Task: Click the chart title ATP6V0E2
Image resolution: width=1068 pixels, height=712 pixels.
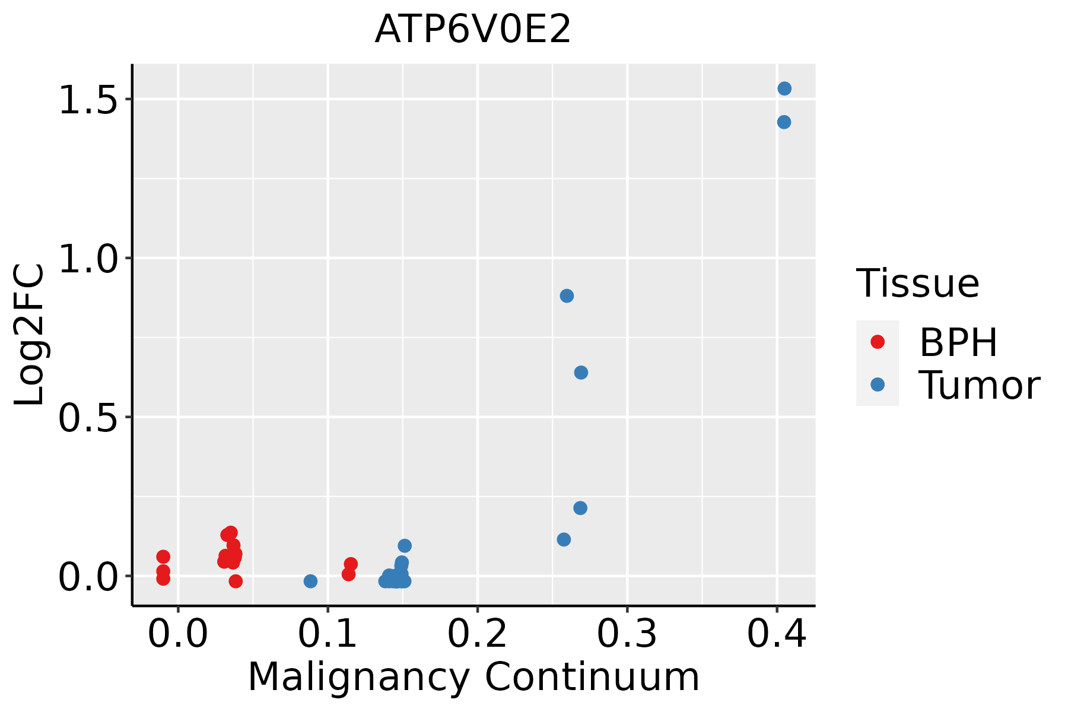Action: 473,30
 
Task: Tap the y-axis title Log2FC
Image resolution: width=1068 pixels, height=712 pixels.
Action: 30,335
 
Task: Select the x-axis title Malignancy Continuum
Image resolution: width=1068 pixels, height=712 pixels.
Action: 473,677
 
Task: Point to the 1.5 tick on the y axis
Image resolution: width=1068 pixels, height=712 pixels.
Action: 88,99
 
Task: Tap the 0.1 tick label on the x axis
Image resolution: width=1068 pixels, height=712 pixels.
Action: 328,634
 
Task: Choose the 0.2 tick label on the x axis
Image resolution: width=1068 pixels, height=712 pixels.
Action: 477,634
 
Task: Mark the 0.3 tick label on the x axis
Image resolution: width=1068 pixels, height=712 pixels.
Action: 627,634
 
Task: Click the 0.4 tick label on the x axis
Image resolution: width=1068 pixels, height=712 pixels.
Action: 776,634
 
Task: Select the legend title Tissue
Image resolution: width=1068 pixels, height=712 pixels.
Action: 917,284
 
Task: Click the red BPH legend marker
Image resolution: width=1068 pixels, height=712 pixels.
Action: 877,342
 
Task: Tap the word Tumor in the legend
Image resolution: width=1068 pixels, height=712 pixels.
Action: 979,386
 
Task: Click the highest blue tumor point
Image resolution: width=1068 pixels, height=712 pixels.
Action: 784,88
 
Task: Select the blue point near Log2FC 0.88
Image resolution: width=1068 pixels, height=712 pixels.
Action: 567,295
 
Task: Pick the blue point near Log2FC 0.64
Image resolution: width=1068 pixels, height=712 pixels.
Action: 581,373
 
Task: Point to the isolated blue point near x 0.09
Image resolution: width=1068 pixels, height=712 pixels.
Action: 310,581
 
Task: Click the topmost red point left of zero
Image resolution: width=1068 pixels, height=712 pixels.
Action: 163,557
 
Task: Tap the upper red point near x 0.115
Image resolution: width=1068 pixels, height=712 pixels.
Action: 351,564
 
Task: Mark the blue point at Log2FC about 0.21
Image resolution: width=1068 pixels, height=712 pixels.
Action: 580,508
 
